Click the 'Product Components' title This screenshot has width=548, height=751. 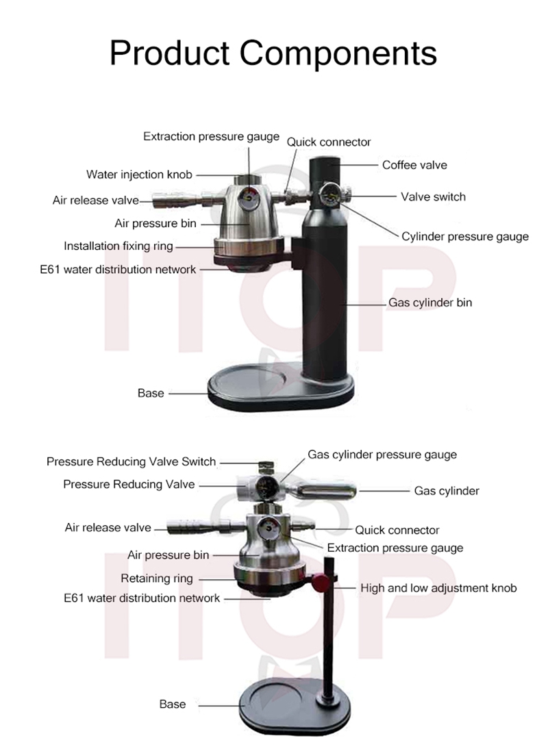point(273,53)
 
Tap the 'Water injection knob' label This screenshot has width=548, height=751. point(139,175)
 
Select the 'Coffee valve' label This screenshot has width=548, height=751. point(414,165)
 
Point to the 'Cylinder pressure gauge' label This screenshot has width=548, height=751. point(465,237)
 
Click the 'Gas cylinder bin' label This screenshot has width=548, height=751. point(430,303)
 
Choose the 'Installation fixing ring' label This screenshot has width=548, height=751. point(119,246)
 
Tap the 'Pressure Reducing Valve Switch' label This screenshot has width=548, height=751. point(131,461)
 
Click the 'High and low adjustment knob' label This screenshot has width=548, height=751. point(438,588)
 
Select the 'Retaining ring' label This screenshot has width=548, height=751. point(157,578)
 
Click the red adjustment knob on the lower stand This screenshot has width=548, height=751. point(321,583)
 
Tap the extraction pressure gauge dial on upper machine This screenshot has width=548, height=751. point(249,199)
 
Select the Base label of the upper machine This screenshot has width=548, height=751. point(151,393)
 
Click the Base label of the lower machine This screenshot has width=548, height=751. point(172,704)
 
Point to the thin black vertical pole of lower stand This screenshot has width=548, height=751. point(328,627)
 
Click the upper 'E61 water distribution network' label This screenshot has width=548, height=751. point(118,270)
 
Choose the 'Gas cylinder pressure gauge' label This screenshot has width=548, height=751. point(382,455)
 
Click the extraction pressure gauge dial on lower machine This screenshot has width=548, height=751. point(268,529)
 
